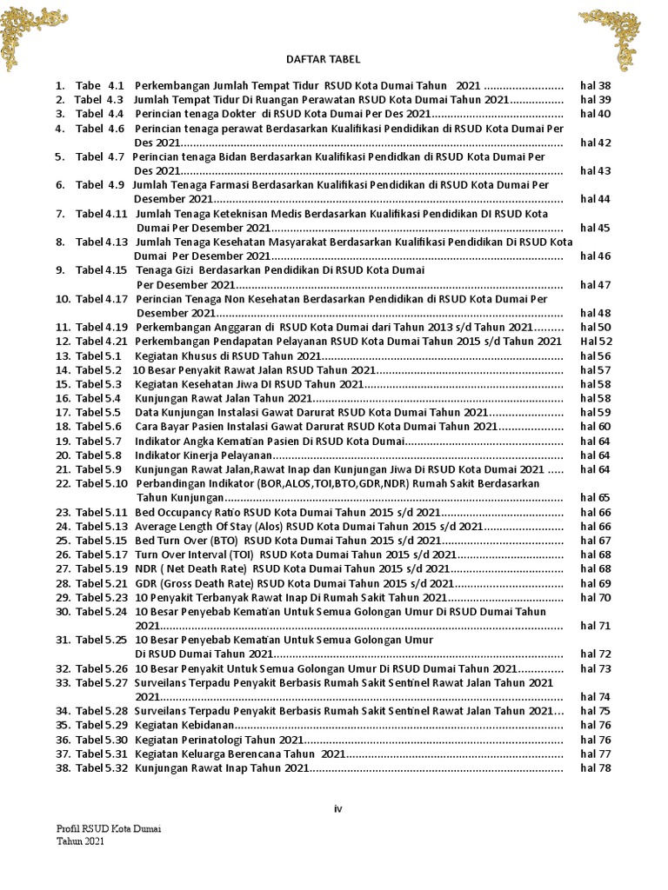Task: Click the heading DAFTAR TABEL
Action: [x=322, y=59]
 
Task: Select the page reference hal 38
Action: [x=596, y=86]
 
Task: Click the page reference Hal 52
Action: [x=596, y=342]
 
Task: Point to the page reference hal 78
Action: [x=596, y=767]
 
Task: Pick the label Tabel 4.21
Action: [x=102, y=342]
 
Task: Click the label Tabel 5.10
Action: [x=102, y=483]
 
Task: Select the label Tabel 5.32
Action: [x=102, y=767]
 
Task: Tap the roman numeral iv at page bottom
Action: [x=338, y=808]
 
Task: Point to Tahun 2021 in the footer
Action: [x=82, y=841]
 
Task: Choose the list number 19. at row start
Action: [x=63, y=441]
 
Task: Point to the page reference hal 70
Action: [x=596, y=597]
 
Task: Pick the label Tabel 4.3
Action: [x=99, y=100]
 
